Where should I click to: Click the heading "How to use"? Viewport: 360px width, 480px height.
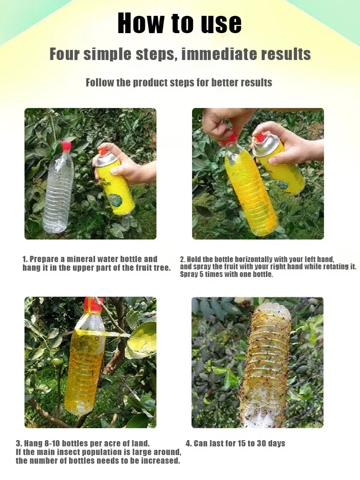(180, 23)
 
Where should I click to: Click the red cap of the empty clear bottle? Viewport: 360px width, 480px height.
(66, 146)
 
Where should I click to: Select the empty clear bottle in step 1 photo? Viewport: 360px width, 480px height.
(59, 192)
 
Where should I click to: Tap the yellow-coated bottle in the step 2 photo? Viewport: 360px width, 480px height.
(250, 192)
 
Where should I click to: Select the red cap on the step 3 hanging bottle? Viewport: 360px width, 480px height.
(93, 304)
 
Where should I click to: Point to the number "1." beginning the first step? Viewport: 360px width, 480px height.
(25, 259)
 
